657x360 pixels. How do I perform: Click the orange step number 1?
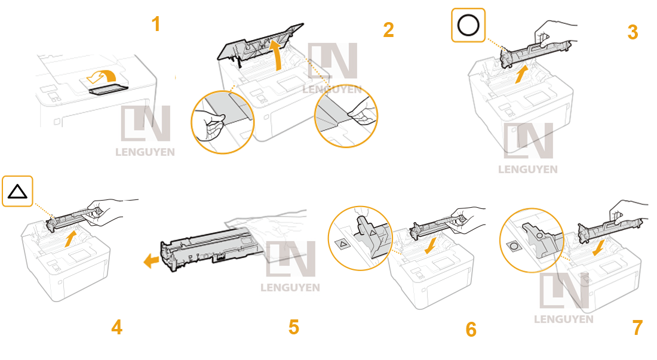click(x=156, y=24)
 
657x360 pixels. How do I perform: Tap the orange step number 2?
click(x=388, y=30)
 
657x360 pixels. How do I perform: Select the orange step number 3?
click(x=633, y=32)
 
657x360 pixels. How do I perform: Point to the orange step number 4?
click(x=117, y=327)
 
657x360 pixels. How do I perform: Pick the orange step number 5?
click(x=294, y=327)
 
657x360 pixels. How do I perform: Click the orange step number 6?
click(x=471, y=330)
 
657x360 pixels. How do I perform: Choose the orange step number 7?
click(x=637, y=327)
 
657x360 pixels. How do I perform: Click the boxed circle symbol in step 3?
click(x=468, y=25)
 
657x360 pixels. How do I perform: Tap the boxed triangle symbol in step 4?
click(x=17, y=191)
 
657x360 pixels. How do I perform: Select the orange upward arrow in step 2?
click(x=277, y=54)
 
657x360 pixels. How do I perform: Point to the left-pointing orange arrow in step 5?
click(x=151, y=261)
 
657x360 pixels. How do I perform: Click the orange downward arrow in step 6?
click(x=430, y=245)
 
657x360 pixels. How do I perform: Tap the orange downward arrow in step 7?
click(x=600, y=247)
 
